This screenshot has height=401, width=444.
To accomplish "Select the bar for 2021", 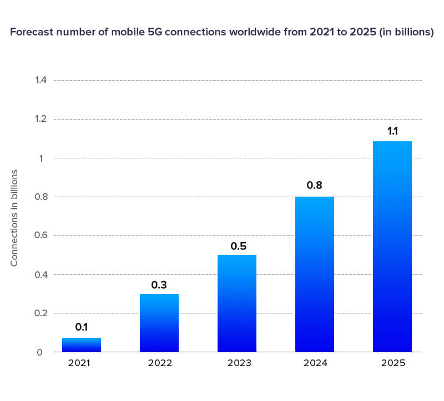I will tap(82, 345).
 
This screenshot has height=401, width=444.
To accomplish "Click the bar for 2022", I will tap(159, 322).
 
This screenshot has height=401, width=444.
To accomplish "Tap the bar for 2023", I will tap(237, 303).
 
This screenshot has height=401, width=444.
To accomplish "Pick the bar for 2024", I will tap(315, 274).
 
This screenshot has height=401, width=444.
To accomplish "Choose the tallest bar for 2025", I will tap(392, 246).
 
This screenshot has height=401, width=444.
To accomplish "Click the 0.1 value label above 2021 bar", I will tap(82, 327).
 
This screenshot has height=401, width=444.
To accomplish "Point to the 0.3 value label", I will tap(159, 285).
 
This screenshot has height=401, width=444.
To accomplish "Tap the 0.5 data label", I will tap(237, 246).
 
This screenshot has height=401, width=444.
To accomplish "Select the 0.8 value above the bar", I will tap(315, 186).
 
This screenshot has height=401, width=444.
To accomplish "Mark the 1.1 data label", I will tap(392, 131).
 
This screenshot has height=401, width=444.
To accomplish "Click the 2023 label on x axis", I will tap(237, 364).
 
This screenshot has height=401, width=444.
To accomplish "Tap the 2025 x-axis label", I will tap(392, 364).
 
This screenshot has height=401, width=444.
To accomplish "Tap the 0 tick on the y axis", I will tap(39, 352).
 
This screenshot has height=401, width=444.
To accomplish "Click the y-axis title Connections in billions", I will tap(15, 218).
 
